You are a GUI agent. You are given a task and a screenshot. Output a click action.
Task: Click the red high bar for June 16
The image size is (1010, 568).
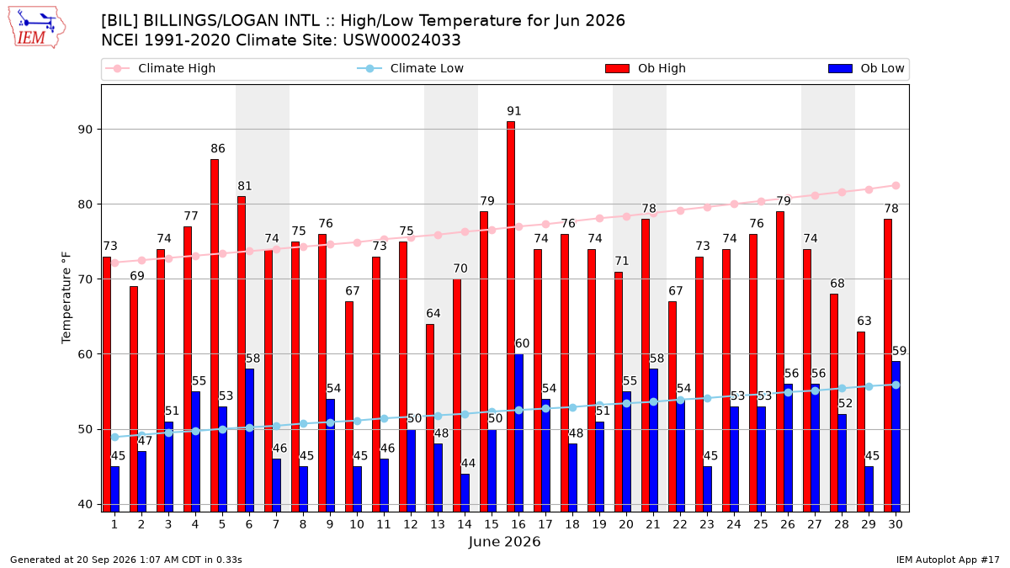(x=511, y=316)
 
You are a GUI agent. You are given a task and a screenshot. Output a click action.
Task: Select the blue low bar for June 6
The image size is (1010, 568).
(x=249, y=440)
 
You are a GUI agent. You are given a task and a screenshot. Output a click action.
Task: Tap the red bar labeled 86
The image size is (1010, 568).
(x=215, y=336)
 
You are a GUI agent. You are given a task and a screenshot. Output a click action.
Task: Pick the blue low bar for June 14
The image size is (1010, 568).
(x=465, y=493)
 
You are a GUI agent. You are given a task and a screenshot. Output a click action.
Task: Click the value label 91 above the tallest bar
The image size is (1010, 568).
(x=514, y=111)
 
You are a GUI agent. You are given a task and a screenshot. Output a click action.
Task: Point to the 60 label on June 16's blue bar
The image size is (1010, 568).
(x=522, y=343)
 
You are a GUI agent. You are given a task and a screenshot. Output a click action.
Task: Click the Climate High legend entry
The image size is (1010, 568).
(x=161, y=68)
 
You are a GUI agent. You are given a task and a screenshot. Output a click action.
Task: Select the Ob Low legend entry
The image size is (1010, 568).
(x=866, y=68)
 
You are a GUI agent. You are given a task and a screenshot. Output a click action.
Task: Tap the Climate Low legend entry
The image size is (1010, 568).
(x=411, y=68)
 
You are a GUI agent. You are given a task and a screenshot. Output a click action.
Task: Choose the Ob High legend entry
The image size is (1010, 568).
(x=646, y=68)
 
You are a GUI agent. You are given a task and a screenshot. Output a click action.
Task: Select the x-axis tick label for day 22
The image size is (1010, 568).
(x=680, y=524)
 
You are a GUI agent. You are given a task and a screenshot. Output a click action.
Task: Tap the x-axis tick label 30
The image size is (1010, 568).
(x=896, y=524)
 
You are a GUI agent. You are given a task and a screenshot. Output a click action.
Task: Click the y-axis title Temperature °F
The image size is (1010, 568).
(x=66, y=298)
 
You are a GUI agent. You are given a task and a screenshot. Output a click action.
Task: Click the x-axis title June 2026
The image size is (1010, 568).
(x=504, y=541)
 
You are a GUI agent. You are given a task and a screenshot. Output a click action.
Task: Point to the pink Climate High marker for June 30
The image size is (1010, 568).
(x=896, y=186)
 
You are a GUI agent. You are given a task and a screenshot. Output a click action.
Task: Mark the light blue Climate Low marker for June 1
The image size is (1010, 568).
(x=115, y=438)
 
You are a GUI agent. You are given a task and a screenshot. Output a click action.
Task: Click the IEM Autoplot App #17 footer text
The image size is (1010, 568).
(x=948, y=560)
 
